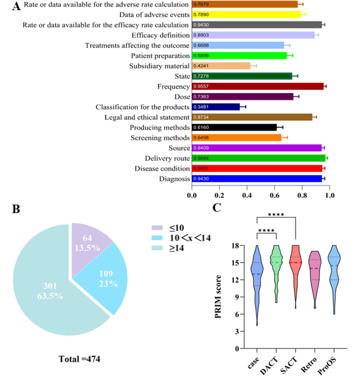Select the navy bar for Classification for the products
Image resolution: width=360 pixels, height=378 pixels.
(x=216, y=107)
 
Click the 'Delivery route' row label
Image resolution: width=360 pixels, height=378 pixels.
(x=167, y=158)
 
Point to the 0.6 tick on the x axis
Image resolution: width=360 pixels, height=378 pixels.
(x=274, y=195)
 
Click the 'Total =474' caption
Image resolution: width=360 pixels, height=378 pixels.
(x=79, y=359)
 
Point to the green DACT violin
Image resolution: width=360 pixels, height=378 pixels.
(x=276, y=267)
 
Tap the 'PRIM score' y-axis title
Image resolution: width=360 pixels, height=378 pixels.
(x=219, y=296)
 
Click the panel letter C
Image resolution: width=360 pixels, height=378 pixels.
(x=217, y=207)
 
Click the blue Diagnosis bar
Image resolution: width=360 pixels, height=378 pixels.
(x=257, y=179)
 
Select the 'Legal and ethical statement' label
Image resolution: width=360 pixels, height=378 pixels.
(x=147, y=117)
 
